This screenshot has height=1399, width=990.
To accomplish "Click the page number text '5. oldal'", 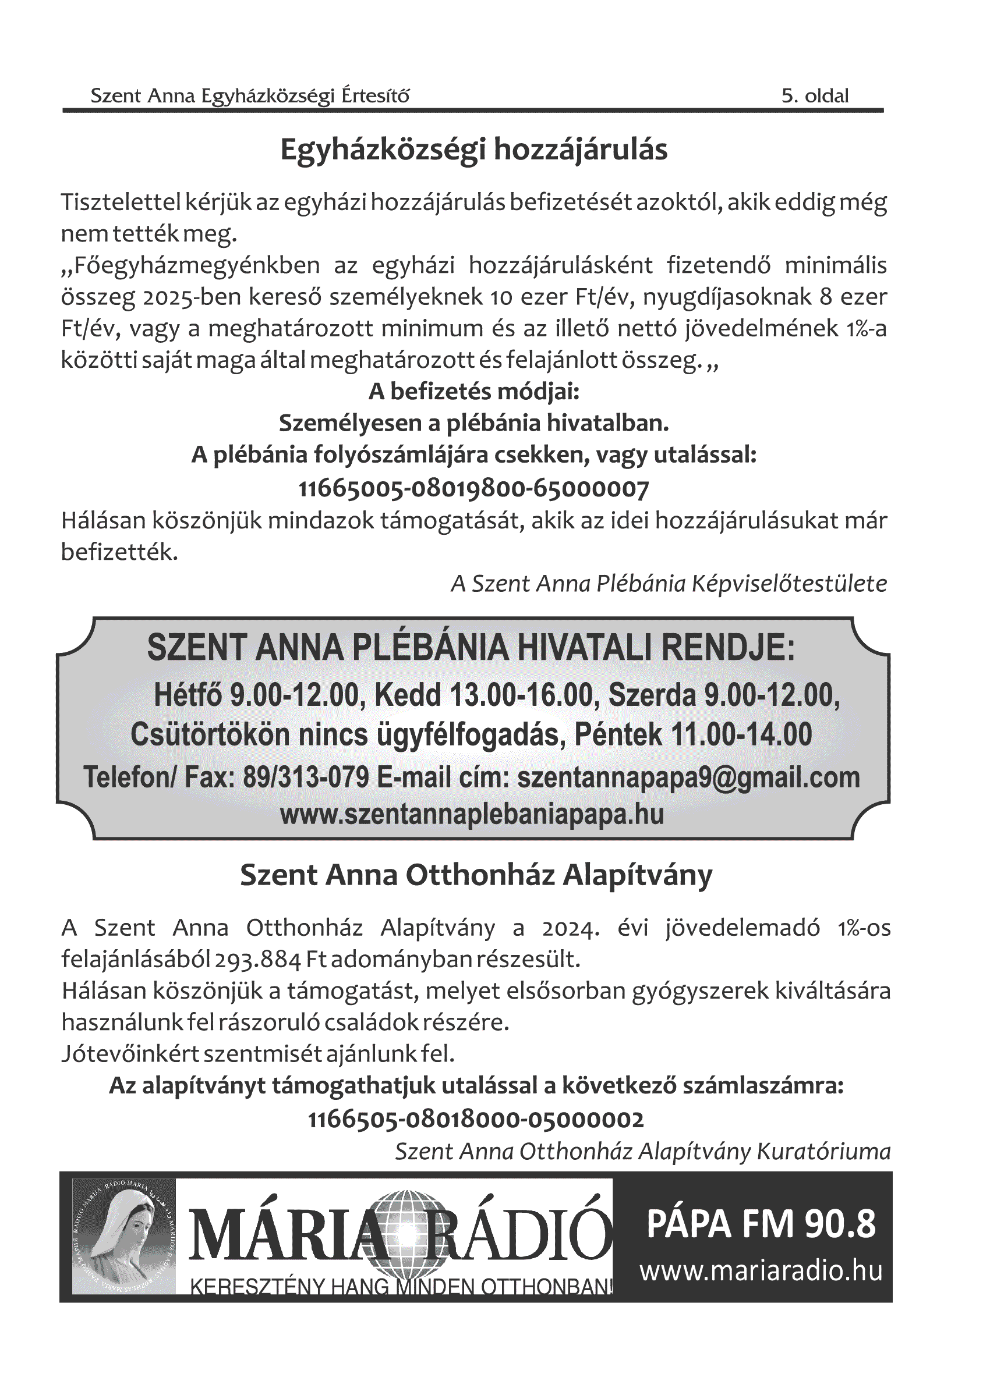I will point(815,95).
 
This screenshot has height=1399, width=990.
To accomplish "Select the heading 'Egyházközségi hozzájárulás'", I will point(473,150).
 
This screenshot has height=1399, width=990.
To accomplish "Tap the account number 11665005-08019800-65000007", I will point(473,488).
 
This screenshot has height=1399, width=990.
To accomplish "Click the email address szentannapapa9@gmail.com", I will point(688,777).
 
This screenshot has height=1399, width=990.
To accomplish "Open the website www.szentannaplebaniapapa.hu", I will point(472,814).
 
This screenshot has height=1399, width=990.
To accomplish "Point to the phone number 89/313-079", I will point(306,777).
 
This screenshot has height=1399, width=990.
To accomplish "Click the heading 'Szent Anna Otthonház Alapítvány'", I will point(476,875).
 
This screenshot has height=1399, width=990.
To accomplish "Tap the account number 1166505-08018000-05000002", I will point(476,1119).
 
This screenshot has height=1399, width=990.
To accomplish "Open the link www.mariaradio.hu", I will point(761,1271).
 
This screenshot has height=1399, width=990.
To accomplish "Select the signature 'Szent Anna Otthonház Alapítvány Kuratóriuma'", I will point(642,1151).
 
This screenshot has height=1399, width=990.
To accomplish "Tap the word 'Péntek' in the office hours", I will point(617,734).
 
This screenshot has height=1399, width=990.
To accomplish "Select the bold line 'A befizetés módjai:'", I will point(473,391).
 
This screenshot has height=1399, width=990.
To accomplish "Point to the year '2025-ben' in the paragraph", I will point(185,297).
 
